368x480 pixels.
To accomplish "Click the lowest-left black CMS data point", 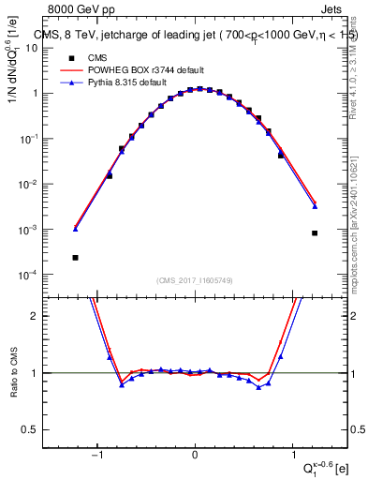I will (75, 257).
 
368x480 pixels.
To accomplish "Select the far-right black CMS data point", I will (315, 232).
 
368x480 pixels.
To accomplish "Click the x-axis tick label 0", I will (195, 455).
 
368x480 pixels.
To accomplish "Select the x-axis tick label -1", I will (96, 455).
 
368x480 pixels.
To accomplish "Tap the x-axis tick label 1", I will (293, 455).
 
